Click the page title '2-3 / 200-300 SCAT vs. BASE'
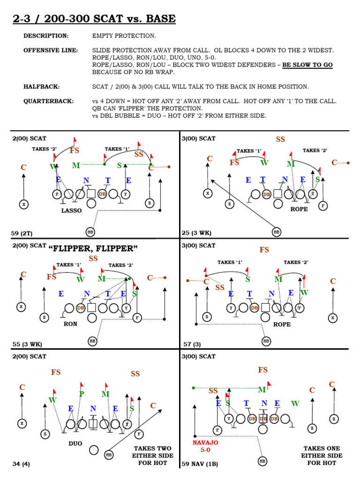click(x=93, y=19)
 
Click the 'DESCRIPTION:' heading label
click(x=46, y=36)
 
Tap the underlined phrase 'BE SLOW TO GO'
click(x=307, y=65)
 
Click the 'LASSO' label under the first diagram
click(x=72, y=211)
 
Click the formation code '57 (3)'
click(x=192, y=344)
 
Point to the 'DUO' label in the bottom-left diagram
click(x=75, y=443)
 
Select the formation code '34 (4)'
click(x=21, y=464)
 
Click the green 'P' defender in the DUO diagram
click(x=82, y=394)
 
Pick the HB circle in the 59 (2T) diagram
click(x=90, y=232)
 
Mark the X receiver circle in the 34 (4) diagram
click(x=21, y=423)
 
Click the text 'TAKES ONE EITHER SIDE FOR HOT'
click(x=321, y=455)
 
